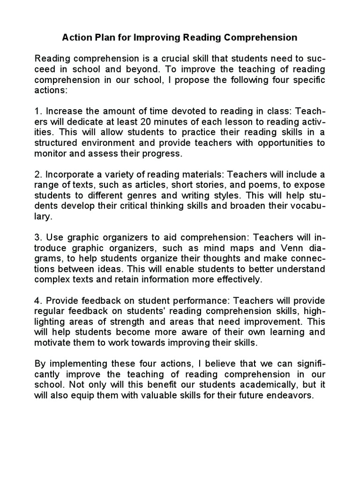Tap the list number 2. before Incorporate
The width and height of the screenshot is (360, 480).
pos(38,175)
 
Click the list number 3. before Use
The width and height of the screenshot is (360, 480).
pos(38,238)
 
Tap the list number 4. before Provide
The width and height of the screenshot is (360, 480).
pos(38,300)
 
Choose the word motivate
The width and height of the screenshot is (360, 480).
pos(52,342)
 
